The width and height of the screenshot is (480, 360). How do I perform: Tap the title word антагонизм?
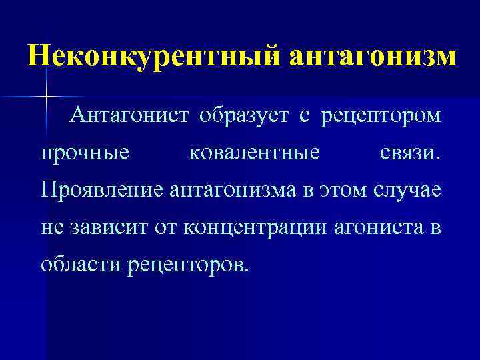(x=373, y=55)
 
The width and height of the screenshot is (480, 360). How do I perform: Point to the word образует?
(x=244, y=116)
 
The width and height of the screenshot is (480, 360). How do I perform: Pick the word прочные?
(x=85, y=154)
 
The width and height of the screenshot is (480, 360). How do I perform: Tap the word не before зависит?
(x=51, y=228)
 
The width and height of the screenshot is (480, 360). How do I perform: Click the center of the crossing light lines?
(x=46, y=97)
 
